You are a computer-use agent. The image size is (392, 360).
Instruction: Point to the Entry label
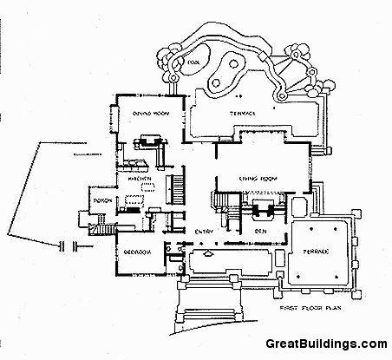(204, 231)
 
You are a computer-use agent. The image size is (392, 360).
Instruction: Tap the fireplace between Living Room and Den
(260, 209)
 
